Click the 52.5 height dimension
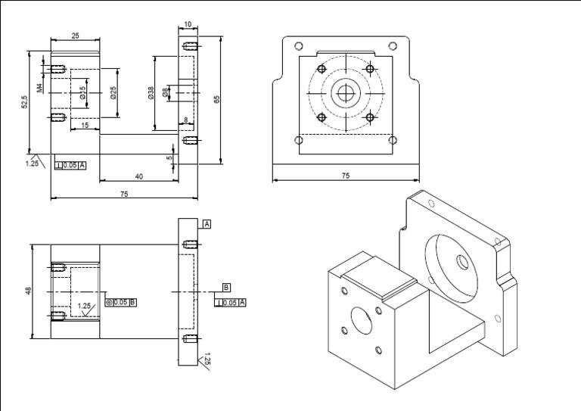25,102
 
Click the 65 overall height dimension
217,99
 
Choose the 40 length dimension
138,176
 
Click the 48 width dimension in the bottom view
29,291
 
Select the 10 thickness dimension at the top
188,24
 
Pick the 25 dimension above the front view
76,36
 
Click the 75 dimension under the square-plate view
345,176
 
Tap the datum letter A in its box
207,225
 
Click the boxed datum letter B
225,288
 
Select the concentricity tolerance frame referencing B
120,302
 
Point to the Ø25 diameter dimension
113,92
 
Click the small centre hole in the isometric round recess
461,260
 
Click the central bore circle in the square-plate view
346,94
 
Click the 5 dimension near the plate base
169,157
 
